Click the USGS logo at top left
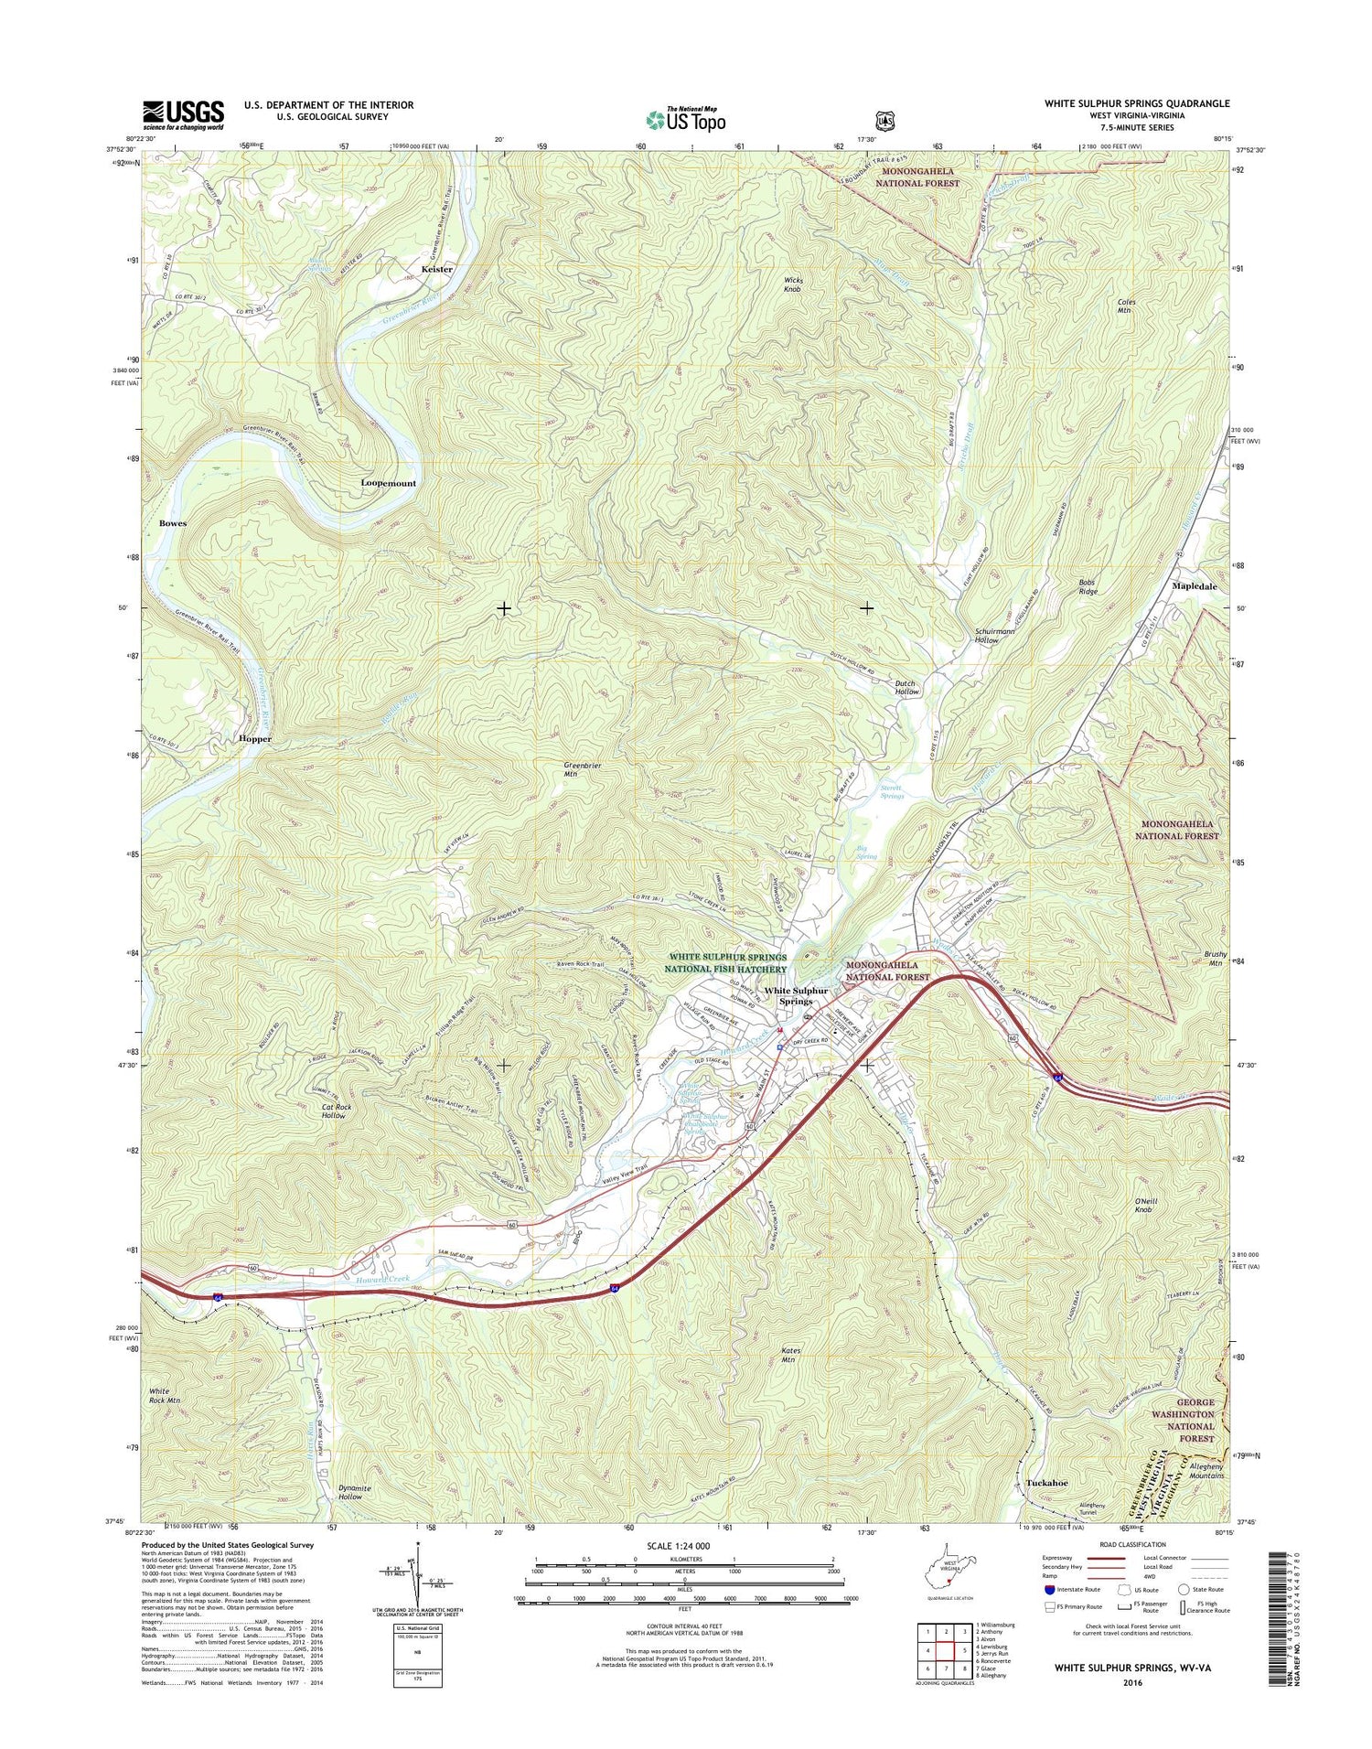pos(183,114)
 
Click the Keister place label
pos(436,270)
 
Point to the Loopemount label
pos(388,483)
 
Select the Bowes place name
pos(173,523)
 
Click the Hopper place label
pos(254,738)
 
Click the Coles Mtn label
pos(1124,306)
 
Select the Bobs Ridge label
pos(1087,586)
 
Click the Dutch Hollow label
pos(905,688)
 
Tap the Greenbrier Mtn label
pos(582,768)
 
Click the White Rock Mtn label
pos(165,1395)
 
